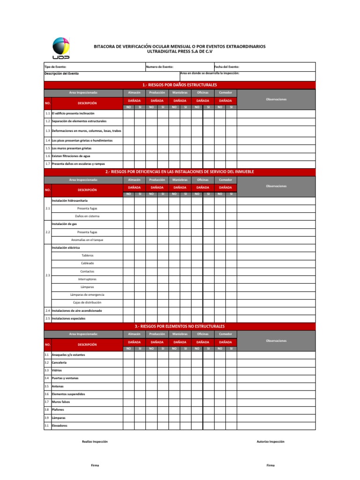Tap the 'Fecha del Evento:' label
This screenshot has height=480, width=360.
227,67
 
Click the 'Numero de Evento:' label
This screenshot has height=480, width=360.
159,67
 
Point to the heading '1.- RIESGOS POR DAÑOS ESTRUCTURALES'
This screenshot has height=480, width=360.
180,85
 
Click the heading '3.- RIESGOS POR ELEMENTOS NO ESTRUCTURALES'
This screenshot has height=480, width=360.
180,326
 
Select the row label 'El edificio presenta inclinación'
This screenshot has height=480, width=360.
73,113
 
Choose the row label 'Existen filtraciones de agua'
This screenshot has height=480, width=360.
71,156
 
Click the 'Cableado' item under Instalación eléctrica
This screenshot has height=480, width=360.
87,263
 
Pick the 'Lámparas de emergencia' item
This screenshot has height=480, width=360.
87,295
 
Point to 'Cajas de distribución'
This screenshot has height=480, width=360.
87,303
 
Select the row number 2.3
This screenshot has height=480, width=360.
48,275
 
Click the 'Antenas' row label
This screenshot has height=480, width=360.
58,386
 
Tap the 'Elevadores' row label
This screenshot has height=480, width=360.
60,426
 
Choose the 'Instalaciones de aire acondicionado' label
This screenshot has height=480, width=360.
77,310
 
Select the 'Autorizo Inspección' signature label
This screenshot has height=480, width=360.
270,442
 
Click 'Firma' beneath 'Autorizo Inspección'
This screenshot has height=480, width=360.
270,465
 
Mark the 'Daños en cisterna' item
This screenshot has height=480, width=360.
87,216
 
